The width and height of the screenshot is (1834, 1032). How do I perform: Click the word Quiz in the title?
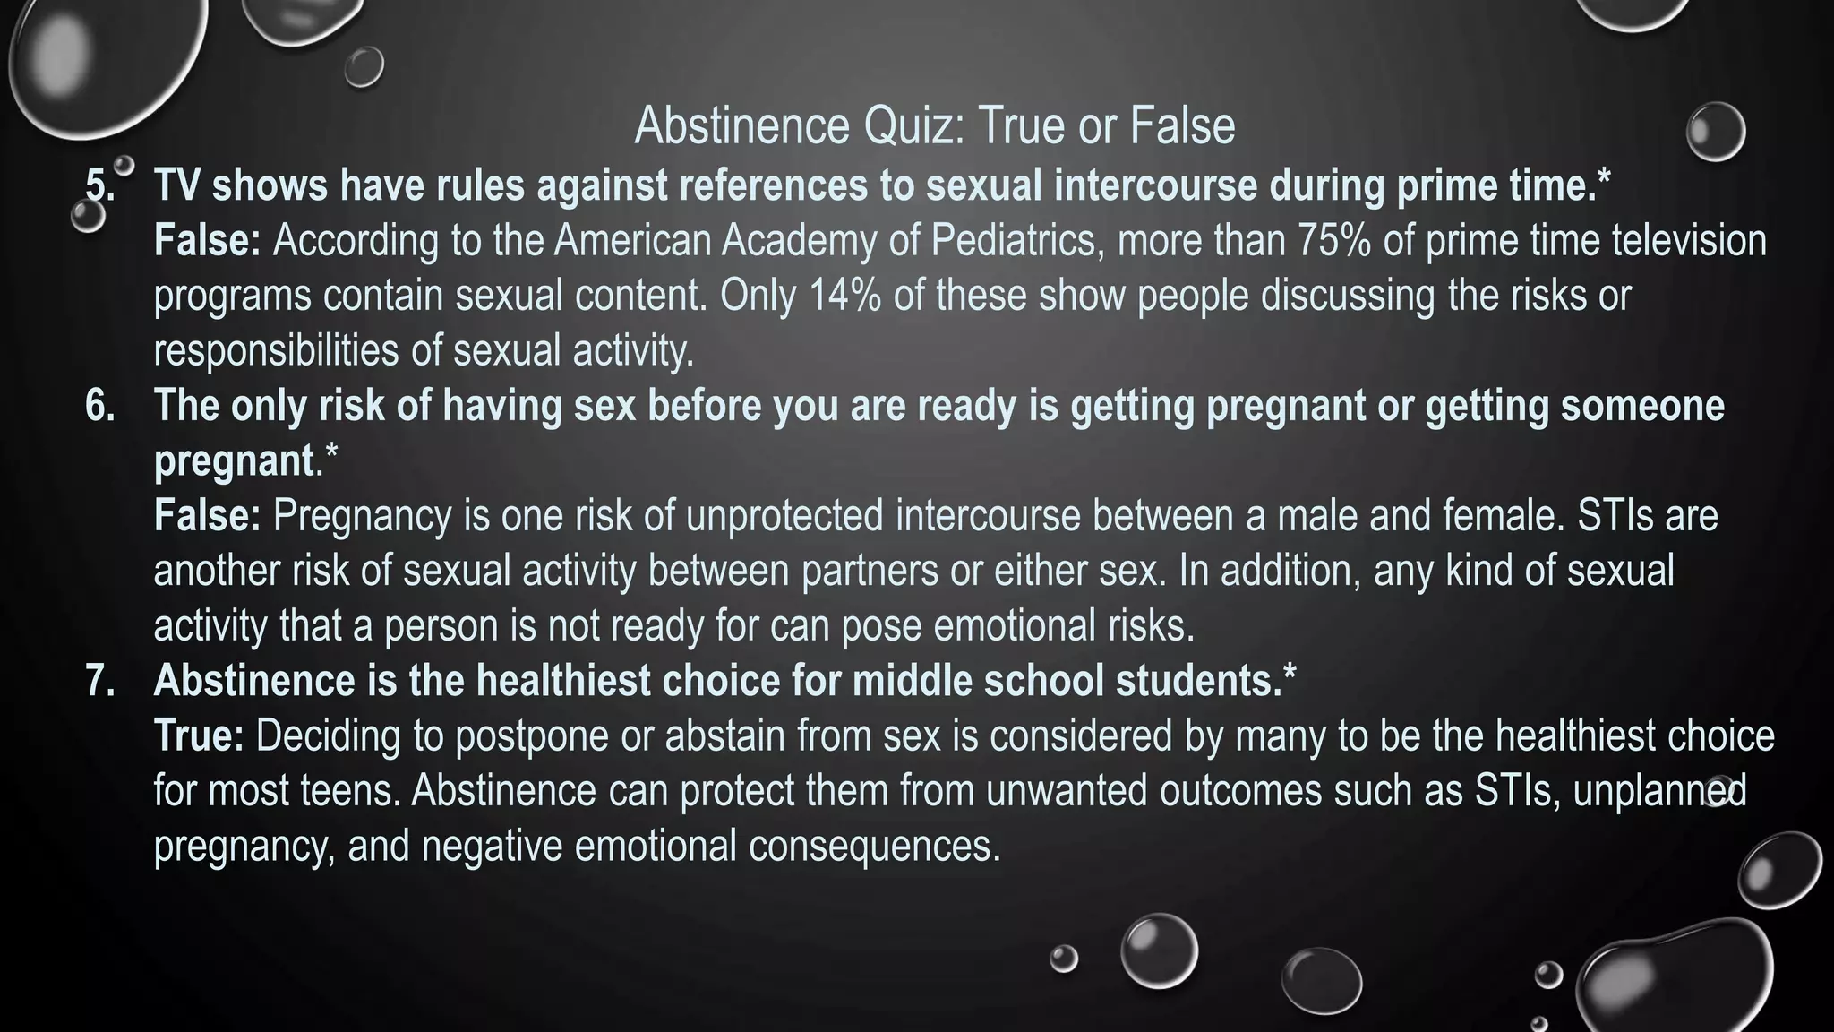913,125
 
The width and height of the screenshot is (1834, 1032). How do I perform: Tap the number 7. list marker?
99,681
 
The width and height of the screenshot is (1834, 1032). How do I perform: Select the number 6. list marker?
99,406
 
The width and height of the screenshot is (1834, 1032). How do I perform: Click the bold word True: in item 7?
199,736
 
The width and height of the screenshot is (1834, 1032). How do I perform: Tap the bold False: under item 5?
207,241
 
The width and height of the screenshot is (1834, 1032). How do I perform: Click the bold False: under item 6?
207,516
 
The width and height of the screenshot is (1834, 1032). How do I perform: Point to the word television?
1689,241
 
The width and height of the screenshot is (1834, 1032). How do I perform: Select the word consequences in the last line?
874,846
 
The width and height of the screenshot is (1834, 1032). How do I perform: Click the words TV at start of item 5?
176,185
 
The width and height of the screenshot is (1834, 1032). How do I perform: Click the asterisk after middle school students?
1289,674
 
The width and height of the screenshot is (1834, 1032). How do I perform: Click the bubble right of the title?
1715,132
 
